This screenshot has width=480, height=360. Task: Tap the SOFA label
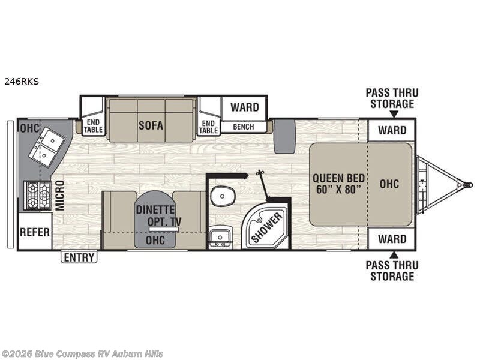pyautogui.click(x=151, y=126)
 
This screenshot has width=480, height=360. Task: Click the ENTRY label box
pyautogui.click(x=79, y=257)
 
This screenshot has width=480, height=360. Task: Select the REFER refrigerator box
pyautogui.click(x=35, y=232)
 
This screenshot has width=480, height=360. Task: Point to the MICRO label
pyautogui.click(x=60, y=194)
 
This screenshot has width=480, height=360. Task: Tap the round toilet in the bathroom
pyautogui.click(x=223, y=195)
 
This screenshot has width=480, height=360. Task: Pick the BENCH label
pyautogui.click(x=244, y=127)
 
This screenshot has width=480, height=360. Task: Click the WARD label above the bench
pyautogui.click(x=245, y=108)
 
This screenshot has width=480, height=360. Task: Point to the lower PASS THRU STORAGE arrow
pyautogui.click(x=393, y=254)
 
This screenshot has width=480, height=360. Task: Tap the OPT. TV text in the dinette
pyautogui.click(x=164, y=221)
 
